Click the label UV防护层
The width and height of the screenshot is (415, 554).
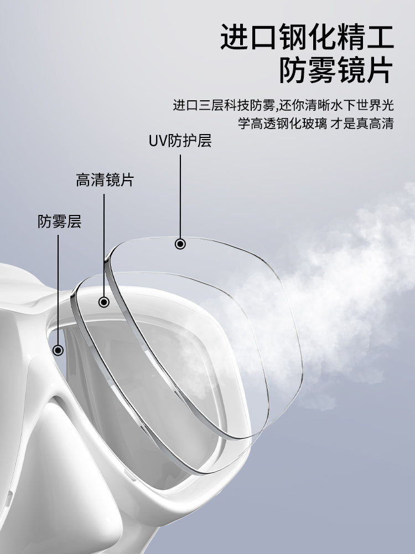(180, 141)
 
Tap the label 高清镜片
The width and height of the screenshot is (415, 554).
(105, 180)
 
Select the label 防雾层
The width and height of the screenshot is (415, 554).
(59, 222)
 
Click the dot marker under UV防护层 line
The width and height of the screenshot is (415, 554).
(180, 244)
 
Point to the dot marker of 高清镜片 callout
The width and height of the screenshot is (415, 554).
(104, 302)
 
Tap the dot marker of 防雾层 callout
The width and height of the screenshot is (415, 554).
(58, 350)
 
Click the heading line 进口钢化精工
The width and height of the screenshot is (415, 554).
(307, 37)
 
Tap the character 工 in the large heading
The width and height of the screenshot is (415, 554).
(380, 37)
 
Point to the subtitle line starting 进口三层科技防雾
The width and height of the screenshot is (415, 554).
(283, 105)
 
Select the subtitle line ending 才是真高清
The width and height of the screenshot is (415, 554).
(315, 124)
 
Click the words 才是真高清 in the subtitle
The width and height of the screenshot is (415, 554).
(362, 124)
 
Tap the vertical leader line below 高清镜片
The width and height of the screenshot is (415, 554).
(104, 245)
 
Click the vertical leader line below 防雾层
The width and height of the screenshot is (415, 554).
(58, 290)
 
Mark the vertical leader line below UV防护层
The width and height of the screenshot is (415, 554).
(180, 197)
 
